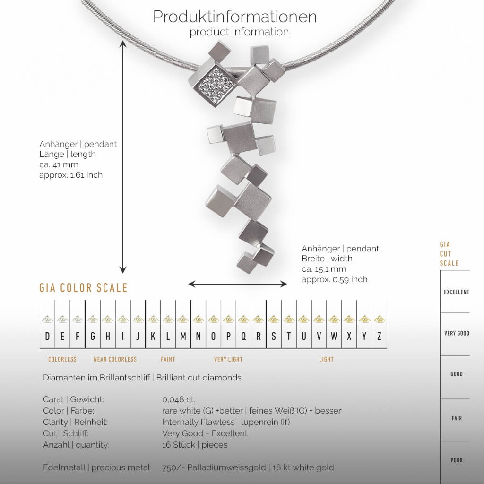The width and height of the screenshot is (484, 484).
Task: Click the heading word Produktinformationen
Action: (235, 17)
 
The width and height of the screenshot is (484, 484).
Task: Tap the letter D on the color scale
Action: (47, 337)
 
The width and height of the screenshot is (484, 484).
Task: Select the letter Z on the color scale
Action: (379, 337)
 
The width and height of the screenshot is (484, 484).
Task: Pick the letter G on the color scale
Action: (92, 337)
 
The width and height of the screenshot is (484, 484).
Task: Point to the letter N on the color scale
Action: (198, 337)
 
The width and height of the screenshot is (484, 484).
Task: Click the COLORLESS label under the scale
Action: (62, 360)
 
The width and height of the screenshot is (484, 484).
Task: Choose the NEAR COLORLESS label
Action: (115, 360)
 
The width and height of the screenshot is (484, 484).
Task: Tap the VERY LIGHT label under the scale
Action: (228, 360)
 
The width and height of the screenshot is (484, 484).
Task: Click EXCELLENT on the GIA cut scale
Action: (456, 292)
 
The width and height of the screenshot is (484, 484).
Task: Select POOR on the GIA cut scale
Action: (456, 460)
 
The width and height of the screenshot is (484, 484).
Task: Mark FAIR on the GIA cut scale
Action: (456, 418)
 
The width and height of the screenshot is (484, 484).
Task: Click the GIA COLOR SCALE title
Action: (83, 288)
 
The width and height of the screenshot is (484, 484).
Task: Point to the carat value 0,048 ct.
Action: (179, 399)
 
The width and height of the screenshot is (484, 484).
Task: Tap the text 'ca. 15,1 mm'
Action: (324, 269)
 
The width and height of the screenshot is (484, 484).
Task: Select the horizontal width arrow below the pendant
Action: (238, 284)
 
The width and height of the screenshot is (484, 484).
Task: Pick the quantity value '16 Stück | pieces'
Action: (194, 445)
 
